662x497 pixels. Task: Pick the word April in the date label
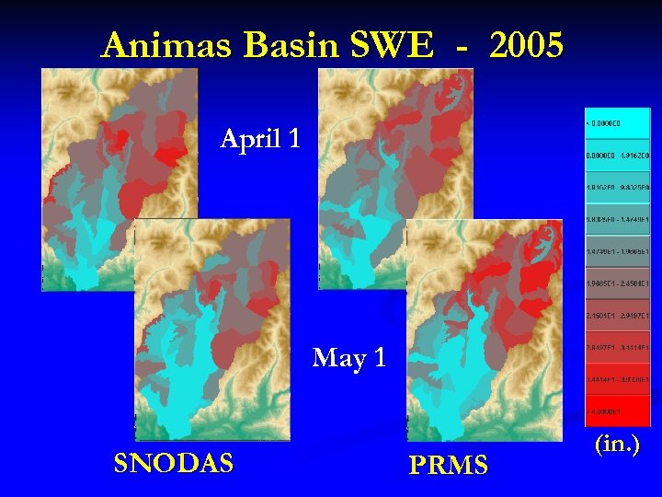247,140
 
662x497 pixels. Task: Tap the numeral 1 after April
293,139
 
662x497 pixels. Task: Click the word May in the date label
337,357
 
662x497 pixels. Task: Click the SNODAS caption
173,463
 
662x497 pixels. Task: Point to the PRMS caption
448,466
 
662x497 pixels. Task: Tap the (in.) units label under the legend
618,445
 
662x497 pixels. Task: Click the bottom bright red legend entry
618,410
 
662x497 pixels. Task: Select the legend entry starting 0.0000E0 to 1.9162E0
618,155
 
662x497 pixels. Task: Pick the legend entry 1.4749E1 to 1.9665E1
618,250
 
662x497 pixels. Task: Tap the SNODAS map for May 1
211,331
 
